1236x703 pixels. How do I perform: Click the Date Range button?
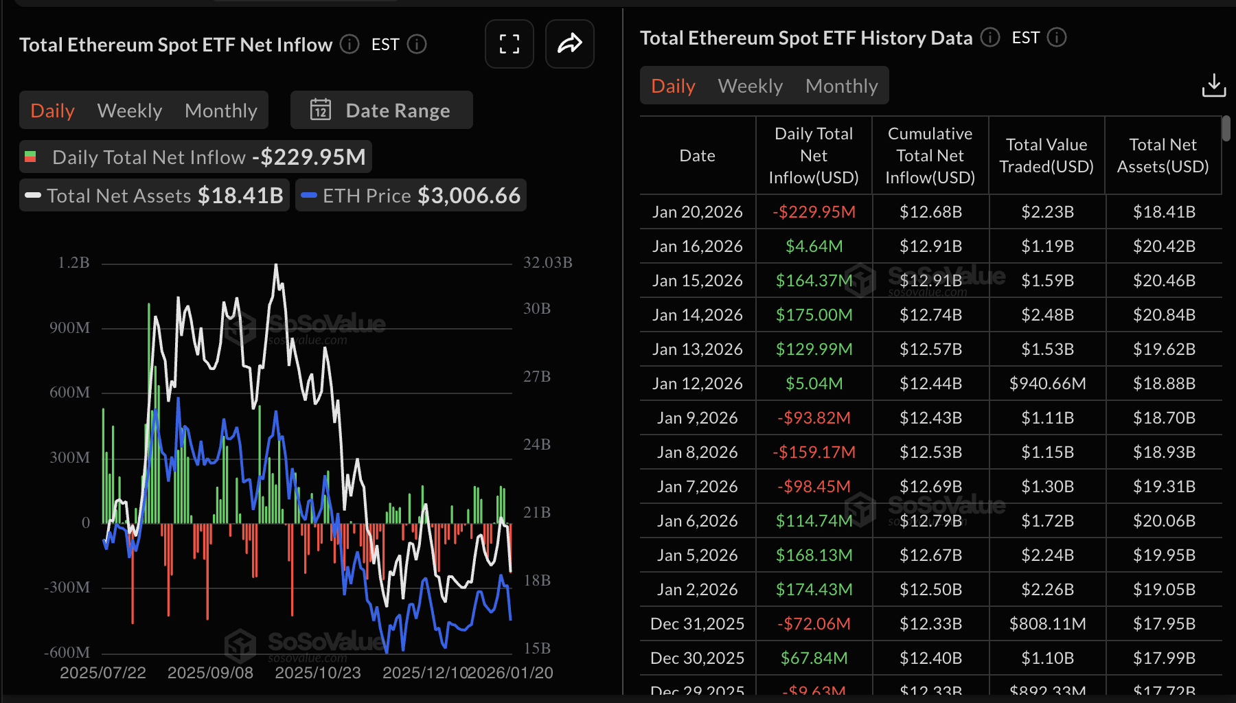click(381, 111)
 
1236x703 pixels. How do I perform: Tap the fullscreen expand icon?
click(509, 45)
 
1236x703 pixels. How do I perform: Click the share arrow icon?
click(569, 45)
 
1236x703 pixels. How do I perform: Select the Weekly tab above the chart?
click(130, 111)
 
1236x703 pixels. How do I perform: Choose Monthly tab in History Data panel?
click(841, 86)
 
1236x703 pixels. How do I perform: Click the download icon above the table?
click(1213, 86)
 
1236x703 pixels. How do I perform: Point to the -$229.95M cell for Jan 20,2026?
click(814, 211)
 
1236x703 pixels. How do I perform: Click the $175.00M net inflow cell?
click(814, 314)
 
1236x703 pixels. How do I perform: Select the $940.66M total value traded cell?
click(1047, 383)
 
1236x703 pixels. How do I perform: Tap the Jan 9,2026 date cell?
click(697, 417)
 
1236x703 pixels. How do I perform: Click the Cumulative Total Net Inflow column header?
click(930, 155)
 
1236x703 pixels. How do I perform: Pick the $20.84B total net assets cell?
click(1164, 314)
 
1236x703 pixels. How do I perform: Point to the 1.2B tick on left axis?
click(73, 263)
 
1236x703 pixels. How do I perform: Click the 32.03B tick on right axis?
click(547, 263)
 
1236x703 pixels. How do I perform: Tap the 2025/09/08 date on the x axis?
click(210, 673)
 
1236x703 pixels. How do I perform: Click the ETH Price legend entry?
click(411, 196)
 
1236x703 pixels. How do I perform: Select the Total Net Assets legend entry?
click(154, 196)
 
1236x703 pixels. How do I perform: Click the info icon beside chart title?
click(350, 45)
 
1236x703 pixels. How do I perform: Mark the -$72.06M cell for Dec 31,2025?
click(814, 623)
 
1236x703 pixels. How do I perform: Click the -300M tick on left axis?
click(67, 588)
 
